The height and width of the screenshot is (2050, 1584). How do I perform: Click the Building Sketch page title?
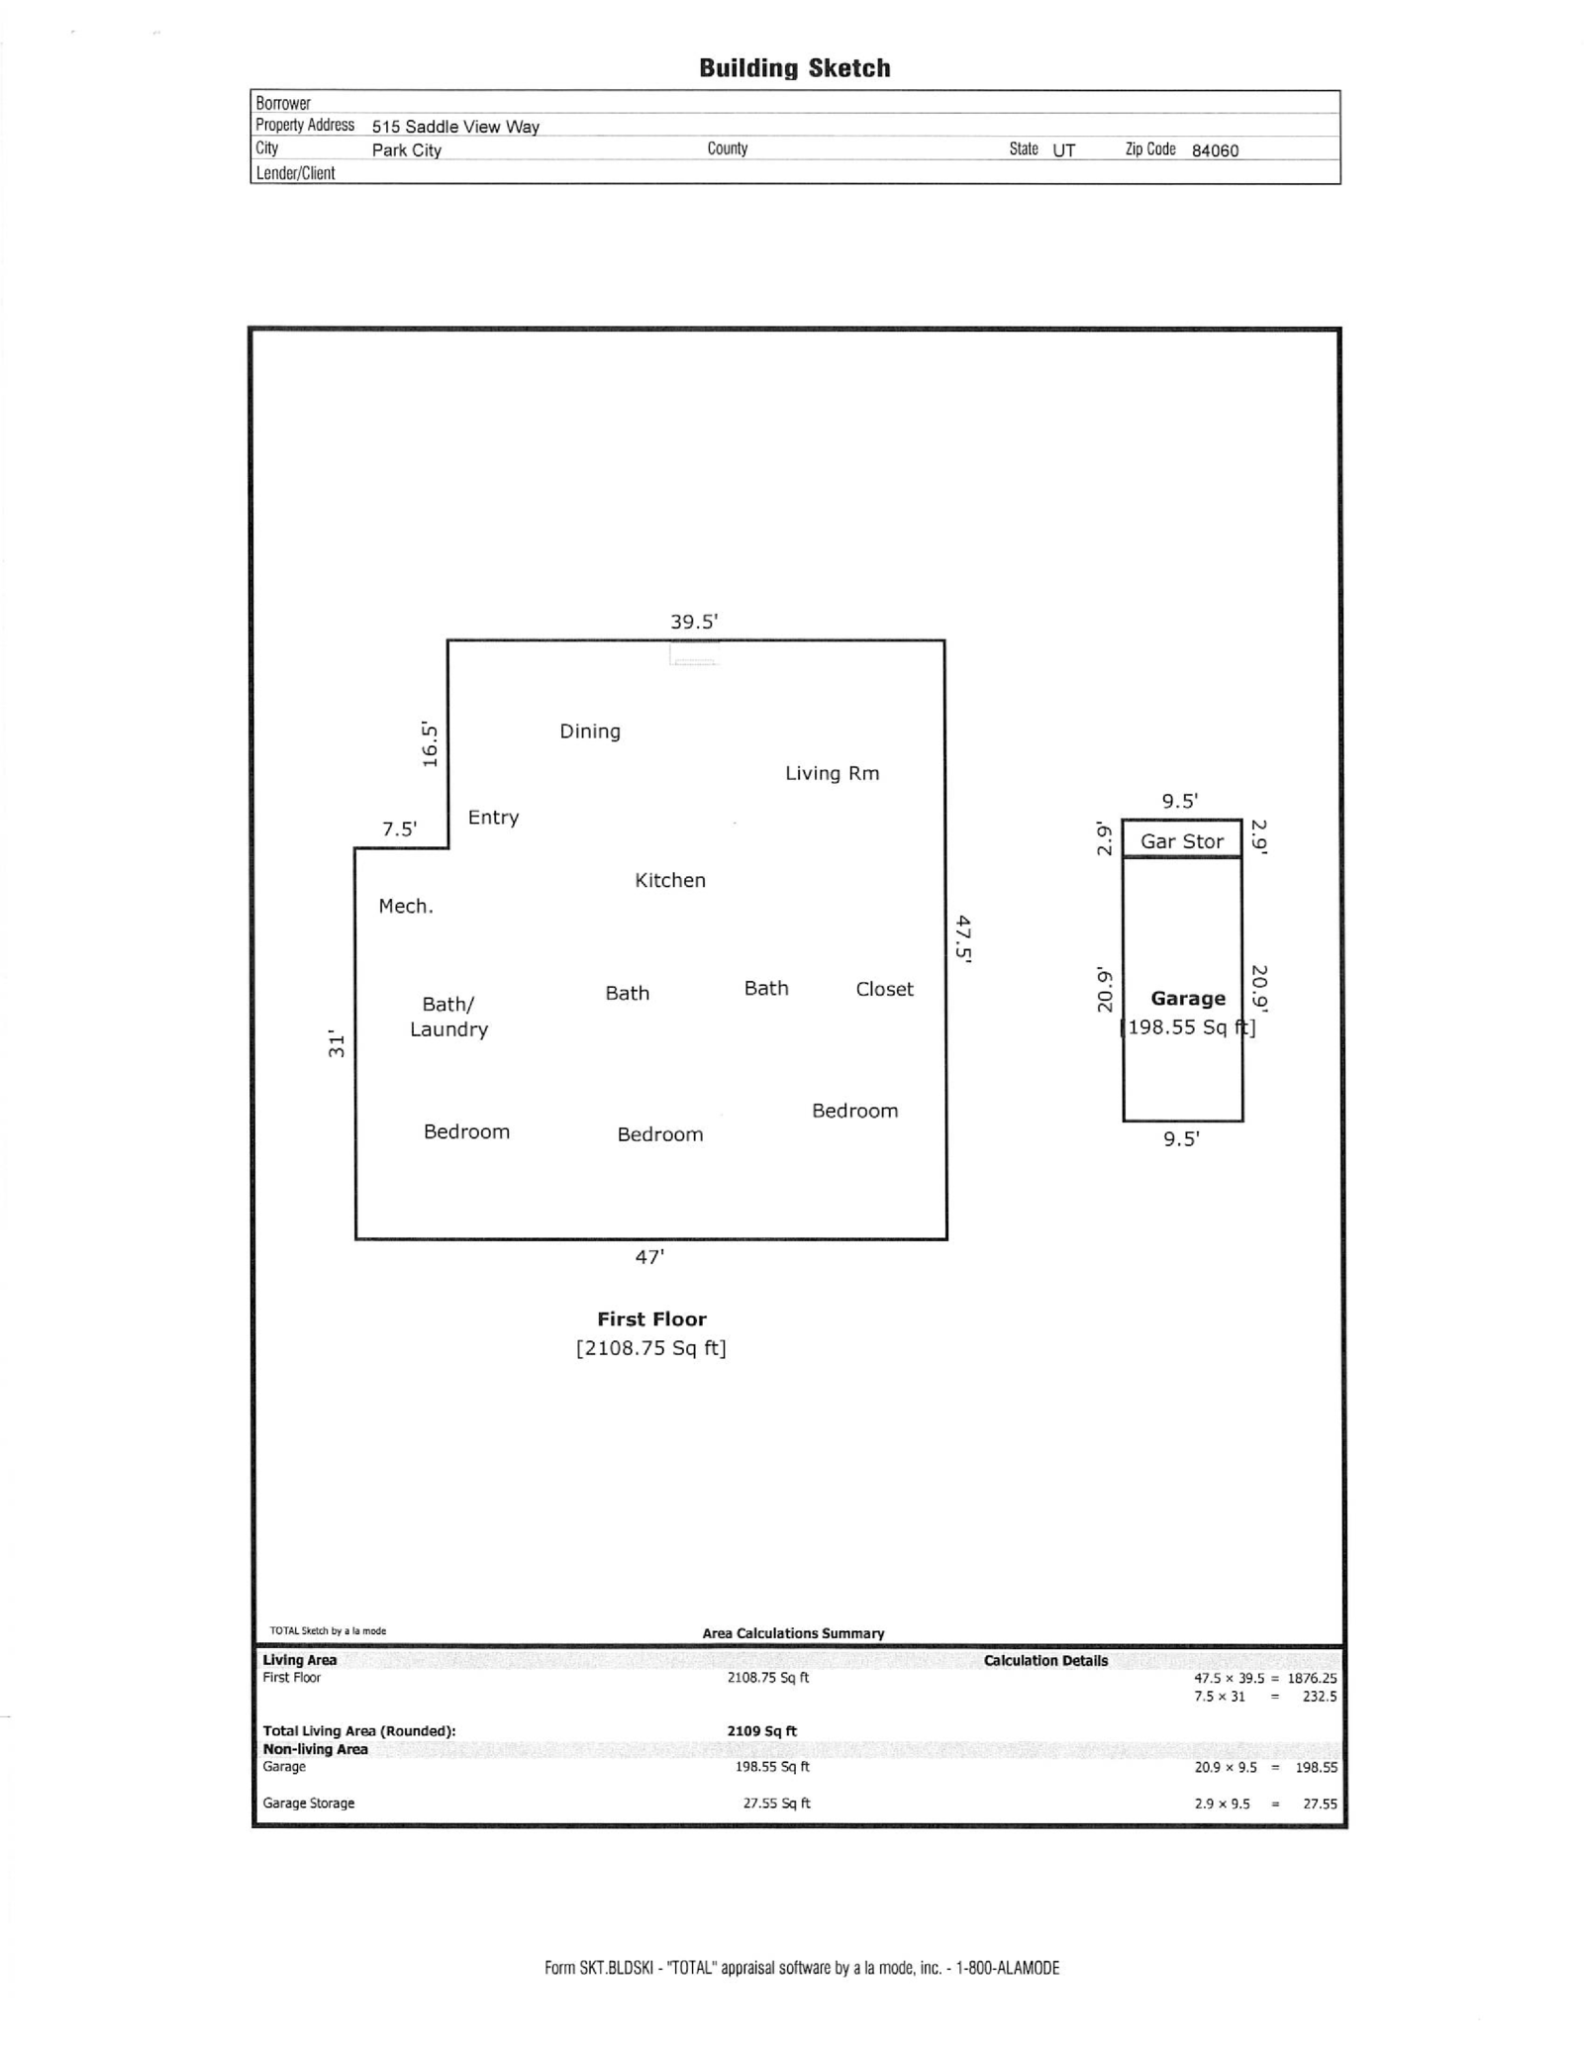coord(794,68)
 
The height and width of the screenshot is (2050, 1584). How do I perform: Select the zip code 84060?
coord(1215,150)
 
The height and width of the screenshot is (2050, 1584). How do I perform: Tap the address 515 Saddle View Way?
coord(455,127)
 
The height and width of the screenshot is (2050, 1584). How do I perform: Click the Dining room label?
coord(590,732)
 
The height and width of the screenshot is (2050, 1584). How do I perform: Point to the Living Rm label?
coord(832,773)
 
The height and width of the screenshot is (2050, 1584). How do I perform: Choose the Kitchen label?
coord(670,880)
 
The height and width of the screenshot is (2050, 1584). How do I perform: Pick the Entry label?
coord(493,817)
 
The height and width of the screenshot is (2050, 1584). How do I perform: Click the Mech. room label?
coord(406,906)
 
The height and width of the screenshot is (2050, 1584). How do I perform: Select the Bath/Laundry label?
coord(449,1017)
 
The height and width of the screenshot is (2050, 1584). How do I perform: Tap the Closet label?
coord(884,989)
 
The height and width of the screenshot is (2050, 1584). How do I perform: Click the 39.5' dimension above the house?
coord(694,622)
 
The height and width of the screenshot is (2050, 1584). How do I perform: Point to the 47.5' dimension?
coord(963,938)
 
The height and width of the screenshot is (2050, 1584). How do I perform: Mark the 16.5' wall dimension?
coord(430,743)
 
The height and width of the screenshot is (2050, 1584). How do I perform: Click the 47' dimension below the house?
coord(649,1257)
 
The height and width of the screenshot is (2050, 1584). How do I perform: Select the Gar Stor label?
coord(1182,841)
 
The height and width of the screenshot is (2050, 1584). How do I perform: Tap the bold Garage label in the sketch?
coord(1188,999)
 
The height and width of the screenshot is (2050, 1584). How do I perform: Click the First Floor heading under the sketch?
coord(651,1319)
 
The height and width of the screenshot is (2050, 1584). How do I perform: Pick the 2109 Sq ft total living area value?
coord(761,1731)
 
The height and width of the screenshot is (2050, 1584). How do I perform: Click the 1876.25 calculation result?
coord(1312,1679)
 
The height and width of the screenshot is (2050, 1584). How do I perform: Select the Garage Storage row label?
coord(309,1804)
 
